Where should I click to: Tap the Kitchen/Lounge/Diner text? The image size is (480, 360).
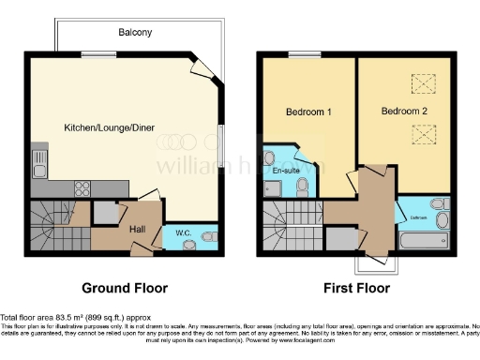[109, 127]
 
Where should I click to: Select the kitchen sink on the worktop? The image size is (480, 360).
[37, 169]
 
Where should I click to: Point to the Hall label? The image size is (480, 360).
[136, 227]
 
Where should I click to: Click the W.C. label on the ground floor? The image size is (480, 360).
[184, 232]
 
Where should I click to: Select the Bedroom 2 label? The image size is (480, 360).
[403, 112]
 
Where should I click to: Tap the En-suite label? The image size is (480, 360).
[285, 172]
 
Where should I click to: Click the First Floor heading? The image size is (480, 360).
[357, 286]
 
